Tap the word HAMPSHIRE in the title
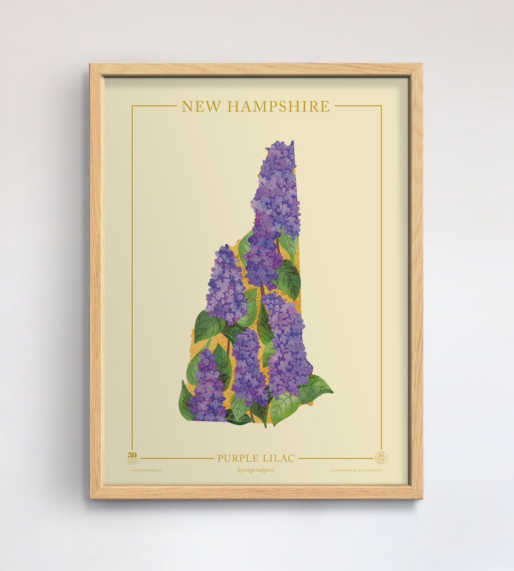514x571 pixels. click(x=278, y=107)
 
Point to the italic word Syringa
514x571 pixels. click(x=247, y=470)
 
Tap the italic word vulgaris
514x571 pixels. click(x=266, y=470)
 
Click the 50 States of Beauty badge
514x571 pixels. click(x=132, y=459)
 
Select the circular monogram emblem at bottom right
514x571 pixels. click(x=381, y=458)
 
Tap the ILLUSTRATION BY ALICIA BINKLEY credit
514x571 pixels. click(x=356, y=470)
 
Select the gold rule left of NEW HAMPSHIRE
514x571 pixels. click(x=153, y=106)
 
